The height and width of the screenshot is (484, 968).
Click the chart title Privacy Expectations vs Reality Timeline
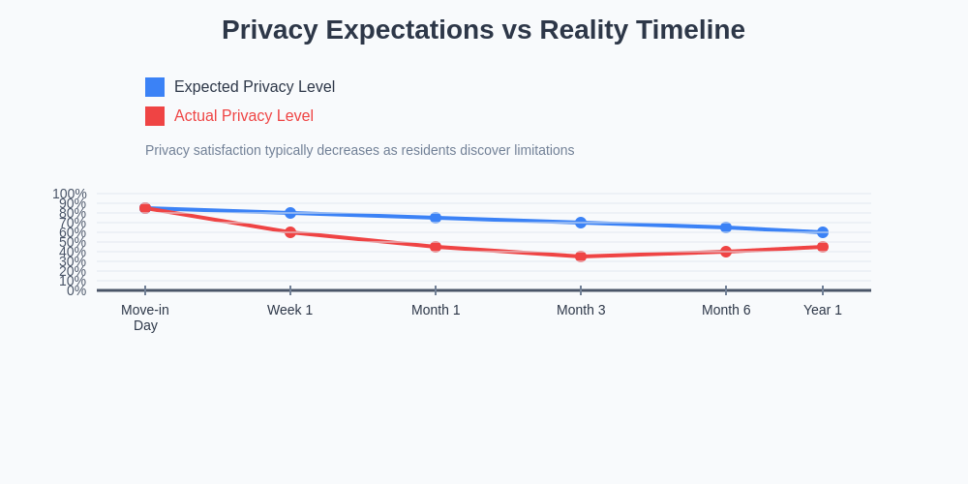click(483, 30)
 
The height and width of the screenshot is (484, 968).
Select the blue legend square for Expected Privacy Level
click(155, 87)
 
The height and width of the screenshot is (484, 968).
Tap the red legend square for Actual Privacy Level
click(155, 116)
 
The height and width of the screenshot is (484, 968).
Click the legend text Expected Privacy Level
click(255, 87)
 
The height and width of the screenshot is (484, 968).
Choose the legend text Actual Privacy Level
click(244, 116)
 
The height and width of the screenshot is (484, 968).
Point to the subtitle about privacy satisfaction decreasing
click(359, 150)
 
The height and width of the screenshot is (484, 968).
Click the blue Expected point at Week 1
click(290, 213)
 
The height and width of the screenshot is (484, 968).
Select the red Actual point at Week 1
click(290, 232)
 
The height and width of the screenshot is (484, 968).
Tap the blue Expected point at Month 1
click(436, 218)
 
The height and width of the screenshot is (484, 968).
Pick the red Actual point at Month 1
click(436, 247)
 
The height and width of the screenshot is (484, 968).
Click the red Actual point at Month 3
click(581, 257)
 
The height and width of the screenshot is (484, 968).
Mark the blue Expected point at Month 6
click(726, 227)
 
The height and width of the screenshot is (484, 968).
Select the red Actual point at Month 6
click(726, 252)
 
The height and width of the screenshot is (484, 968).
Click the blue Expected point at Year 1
click(823, 232)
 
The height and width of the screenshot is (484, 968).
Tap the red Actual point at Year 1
click(823, 247)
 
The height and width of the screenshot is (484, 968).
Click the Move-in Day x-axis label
click(145, 318)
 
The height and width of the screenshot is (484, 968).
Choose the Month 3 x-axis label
click(581, 310)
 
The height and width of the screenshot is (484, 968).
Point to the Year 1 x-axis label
click(823, 310)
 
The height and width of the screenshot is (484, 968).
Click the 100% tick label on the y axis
click(70, 194)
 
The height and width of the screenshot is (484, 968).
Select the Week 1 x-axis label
click(290, 310)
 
